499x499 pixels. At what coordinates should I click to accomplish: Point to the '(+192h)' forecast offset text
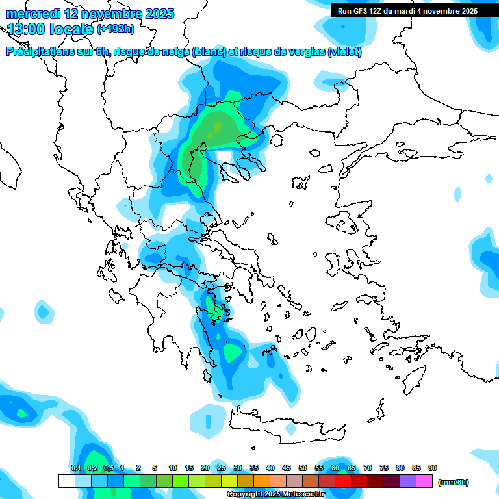(x=116, y=29)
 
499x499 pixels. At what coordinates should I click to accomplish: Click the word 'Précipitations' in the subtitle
(x=39, y=52)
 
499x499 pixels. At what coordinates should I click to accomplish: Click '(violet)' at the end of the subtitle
(x=344, y=52)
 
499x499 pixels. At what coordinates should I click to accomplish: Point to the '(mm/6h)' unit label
(x=453, y=482)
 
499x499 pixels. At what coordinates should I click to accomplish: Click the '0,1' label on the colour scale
(x=75, y=468)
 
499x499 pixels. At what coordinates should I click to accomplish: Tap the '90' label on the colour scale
(x=433, y=468)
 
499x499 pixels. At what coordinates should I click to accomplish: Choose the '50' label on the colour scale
(x=303, y=468)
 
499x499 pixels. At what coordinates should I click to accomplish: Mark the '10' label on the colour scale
(x=173, y=468)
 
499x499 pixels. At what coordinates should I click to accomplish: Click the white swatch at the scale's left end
(x=66, y=481)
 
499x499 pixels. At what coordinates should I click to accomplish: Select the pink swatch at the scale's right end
(x=424, y=481)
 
